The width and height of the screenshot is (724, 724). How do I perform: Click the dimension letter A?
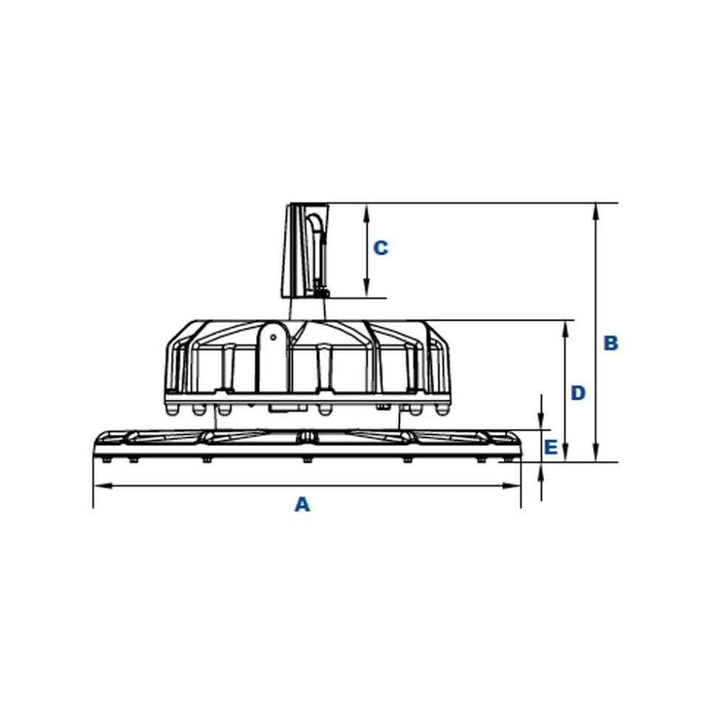pyautogui.click(x=301, y=505)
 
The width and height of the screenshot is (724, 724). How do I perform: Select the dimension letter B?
pyautogui.click(x=610, y=344)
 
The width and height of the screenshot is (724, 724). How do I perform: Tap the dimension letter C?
pyautogui.click(x=380, y=248)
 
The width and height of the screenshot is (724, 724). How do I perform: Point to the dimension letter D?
pyautogui.click(x=578, y=393)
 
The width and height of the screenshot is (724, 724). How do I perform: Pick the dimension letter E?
pyautogui.click(x=550, y=447)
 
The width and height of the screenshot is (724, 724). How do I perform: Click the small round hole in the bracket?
pyautogui.click(x=273, y=338)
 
